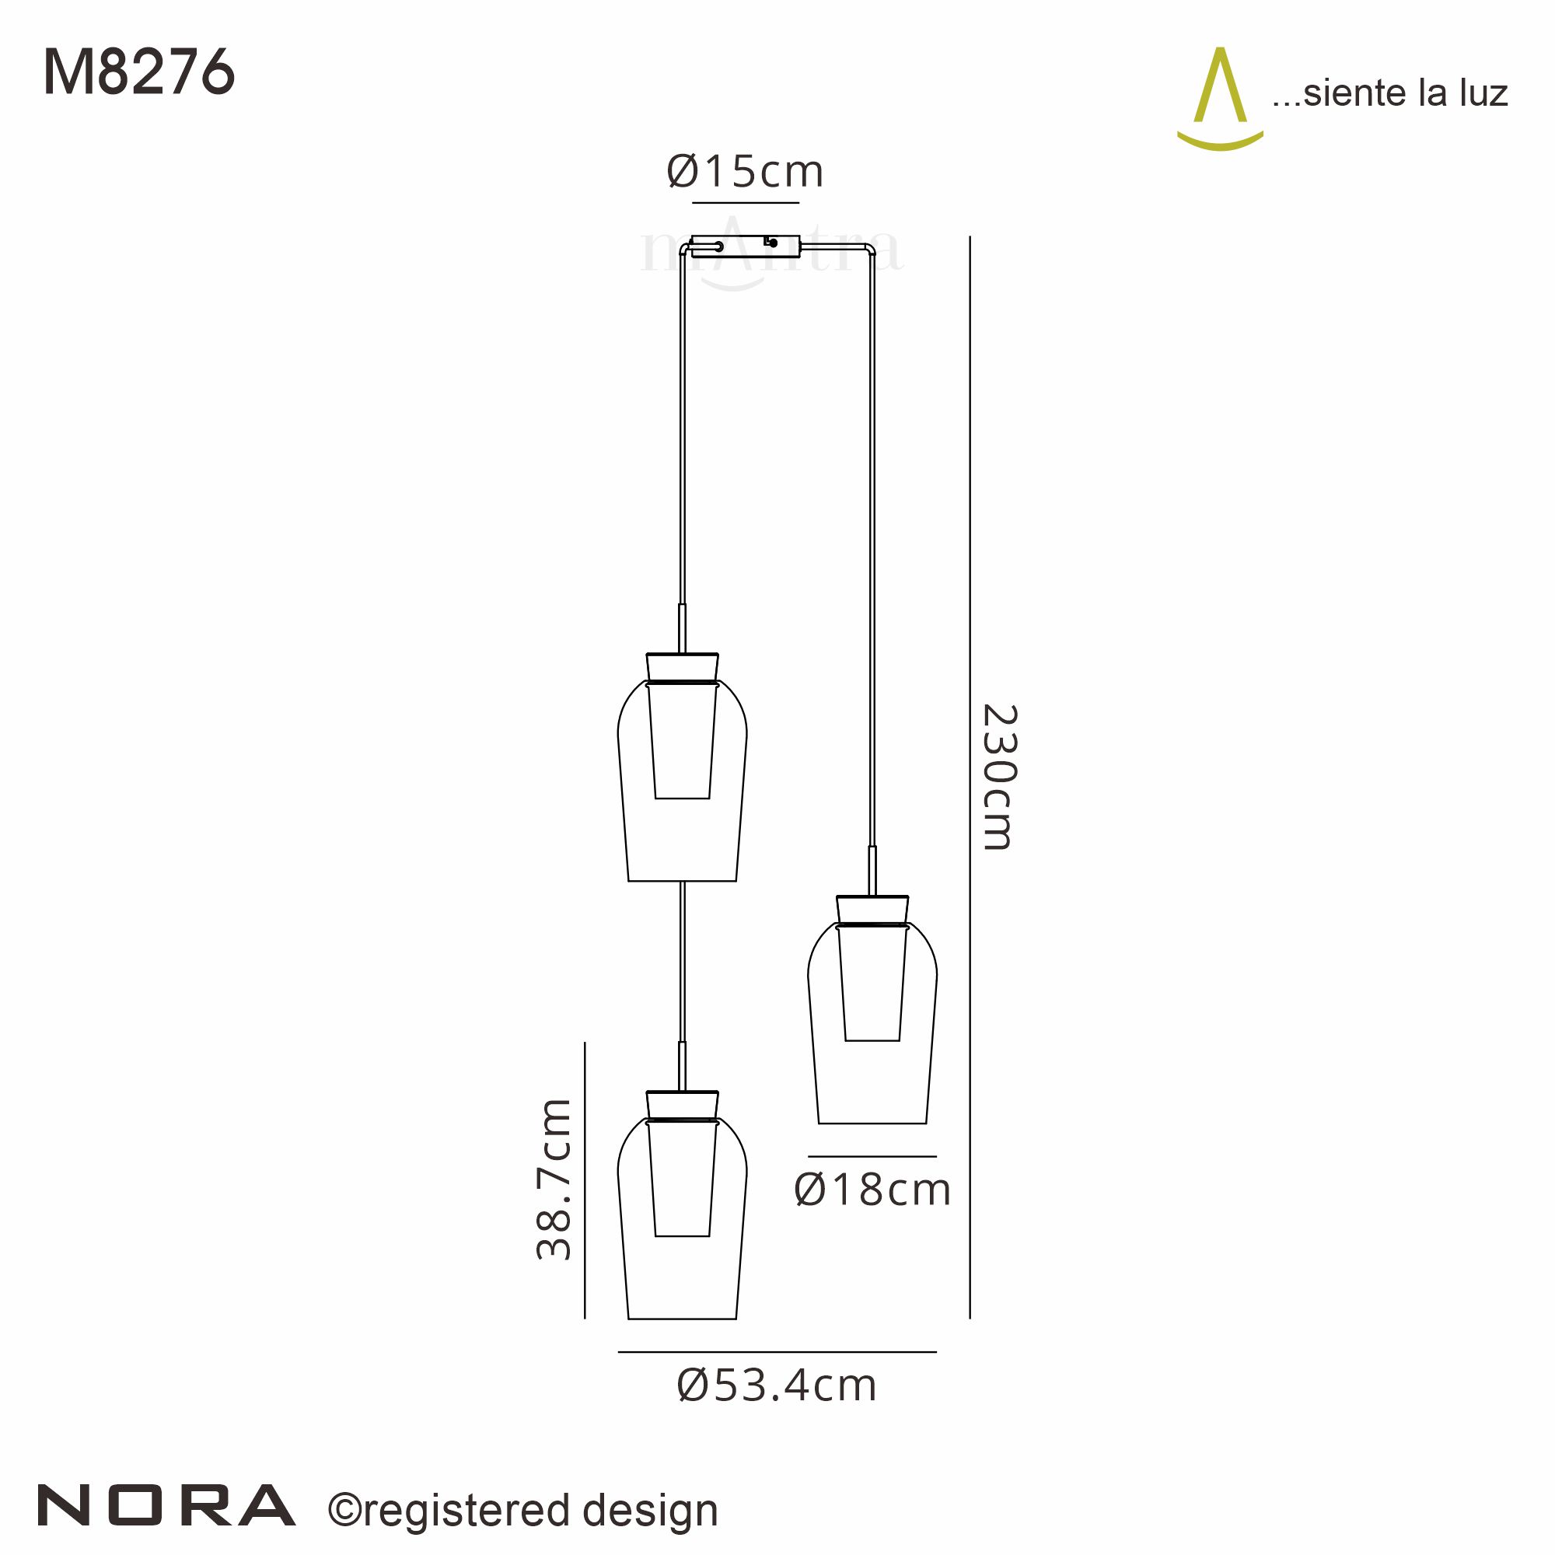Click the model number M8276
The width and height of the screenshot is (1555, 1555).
tap(138, 73)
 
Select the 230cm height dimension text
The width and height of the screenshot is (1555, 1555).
tap(1001, 777)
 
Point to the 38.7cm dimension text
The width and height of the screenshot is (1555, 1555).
tap(554, 1179)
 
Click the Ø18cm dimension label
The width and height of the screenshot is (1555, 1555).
tap(872, 1190)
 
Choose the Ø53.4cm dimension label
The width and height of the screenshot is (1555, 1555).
tap(777, 1386)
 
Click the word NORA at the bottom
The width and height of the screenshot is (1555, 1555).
tap(166, 1506)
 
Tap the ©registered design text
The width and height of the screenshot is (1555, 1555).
tap(523, 1511)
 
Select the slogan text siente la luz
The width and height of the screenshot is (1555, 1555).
tap(1390, 93)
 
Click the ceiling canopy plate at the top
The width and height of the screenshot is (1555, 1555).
tap(746, 246)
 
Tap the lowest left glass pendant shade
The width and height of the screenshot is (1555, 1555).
tap(682, 1232)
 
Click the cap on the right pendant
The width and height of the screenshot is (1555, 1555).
tap(872, 910)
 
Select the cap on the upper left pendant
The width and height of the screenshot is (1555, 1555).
tap(682, 666)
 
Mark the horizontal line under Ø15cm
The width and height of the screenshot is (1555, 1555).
tap(746, 203)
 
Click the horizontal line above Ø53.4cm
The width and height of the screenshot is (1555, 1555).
tap(777, 1352)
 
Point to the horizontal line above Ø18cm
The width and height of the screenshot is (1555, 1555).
tap(872, 1157)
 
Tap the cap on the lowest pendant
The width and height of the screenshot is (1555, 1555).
tap(682, 1104)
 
